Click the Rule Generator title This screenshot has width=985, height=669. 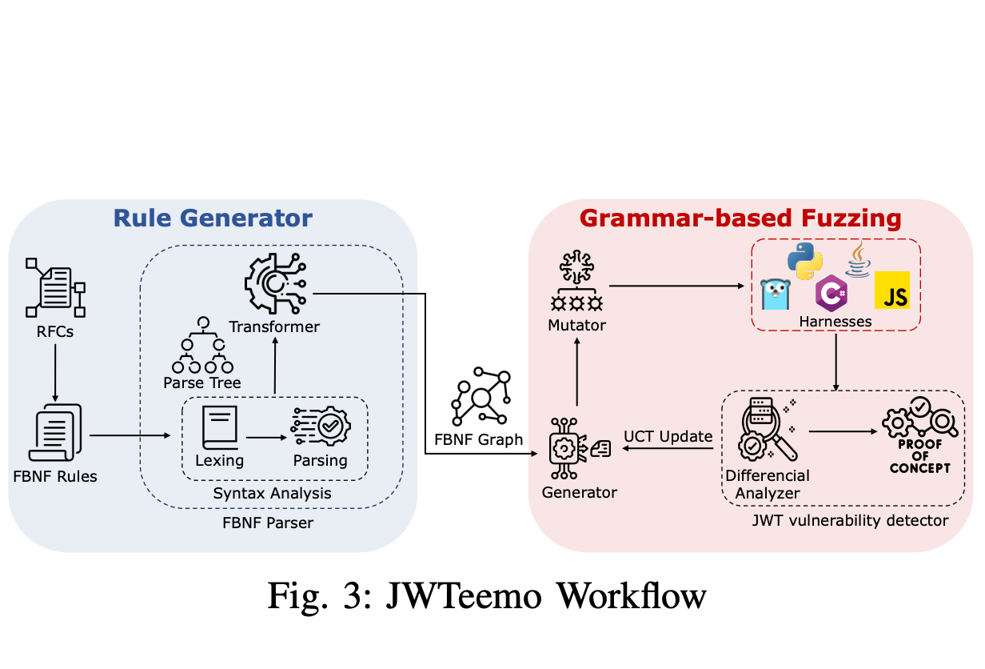point(213,218)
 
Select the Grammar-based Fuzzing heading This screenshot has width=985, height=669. point(740,218)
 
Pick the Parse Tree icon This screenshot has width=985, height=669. point(201,345)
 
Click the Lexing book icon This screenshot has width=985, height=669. point(219,427)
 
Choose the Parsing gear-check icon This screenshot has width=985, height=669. point(320,427)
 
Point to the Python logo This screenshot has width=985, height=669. point(804,261)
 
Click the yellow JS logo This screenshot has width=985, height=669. point(892,290)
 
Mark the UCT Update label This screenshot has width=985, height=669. point(668,436)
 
